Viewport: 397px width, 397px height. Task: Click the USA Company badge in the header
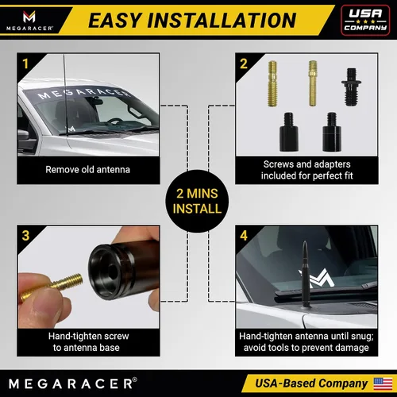365,20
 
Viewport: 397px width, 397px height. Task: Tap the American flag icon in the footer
383,384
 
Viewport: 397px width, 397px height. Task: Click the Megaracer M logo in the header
29,17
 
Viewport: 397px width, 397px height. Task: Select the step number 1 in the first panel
25,64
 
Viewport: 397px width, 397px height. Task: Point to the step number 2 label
244,64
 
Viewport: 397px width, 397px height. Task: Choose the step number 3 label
25,236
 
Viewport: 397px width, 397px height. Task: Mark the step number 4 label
244,236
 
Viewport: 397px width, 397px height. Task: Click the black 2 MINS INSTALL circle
197,201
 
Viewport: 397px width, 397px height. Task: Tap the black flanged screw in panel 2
352,87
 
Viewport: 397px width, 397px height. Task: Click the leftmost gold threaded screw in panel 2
272,83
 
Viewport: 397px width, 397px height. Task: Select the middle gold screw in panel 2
313,83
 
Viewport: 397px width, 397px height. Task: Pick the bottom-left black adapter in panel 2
289,132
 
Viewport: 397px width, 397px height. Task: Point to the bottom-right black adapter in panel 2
332,132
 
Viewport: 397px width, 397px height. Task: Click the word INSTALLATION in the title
222,21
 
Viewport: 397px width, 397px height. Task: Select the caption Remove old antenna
87,170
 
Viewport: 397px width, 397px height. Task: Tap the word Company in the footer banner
343,384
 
